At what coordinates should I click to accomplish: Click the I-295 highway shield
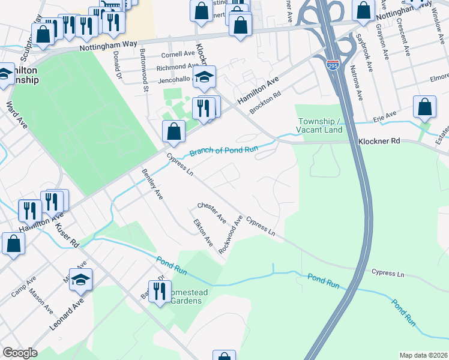333,65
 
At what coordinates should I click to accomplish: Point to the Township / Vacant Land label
321,125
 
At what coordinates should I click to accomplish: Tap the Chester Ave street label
211,211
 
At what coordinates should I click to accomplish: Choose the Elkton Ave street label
203,233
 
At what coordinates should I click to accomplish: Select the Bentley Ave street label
152,184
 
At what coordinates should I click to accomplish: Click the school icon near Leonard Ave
80,279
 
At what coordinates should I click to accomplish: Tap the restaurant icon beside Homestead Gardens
159,292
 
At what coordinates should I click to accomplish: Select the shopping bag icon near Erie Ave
425,106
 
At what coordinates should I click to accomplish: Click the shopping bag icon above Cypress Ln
173,131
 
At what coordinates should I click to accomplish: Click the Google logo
20,353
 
